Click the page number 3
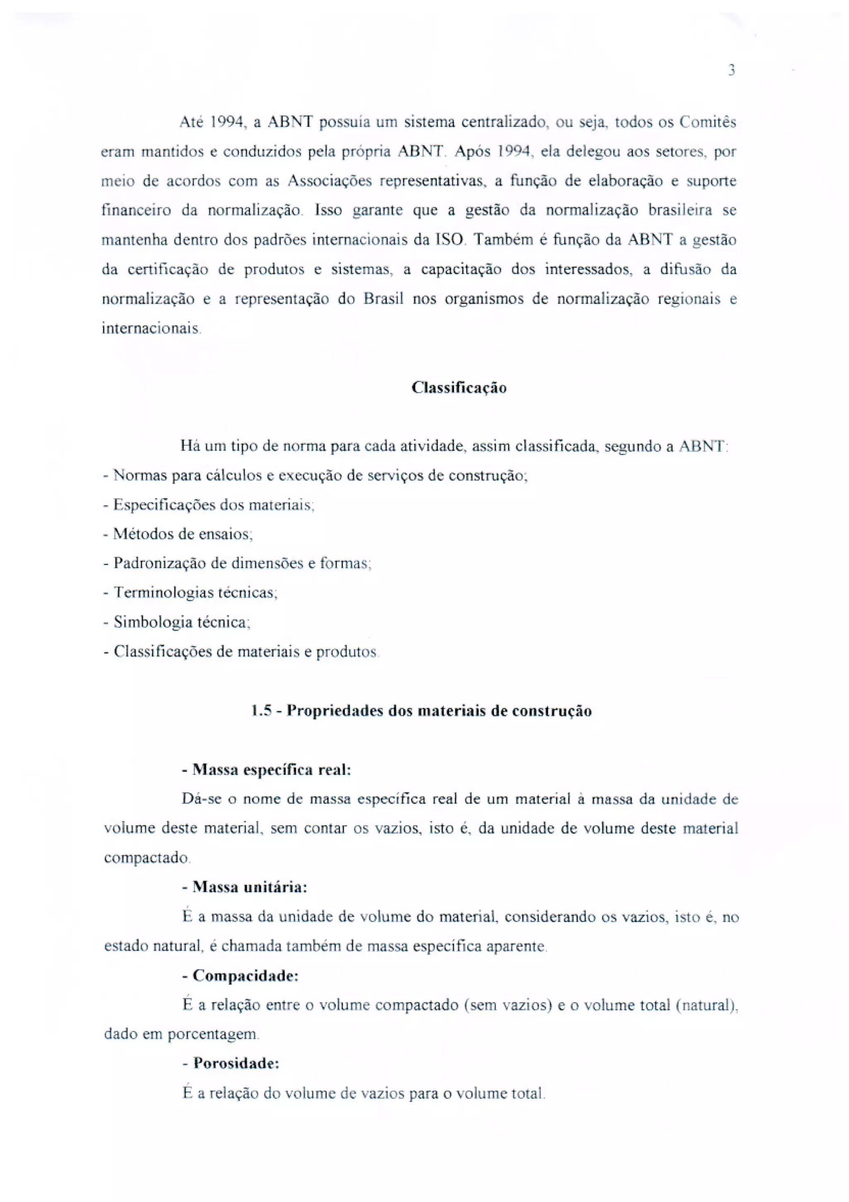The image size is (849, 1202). [731, 70]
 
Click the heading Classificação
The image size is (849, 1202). [459, 388]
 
